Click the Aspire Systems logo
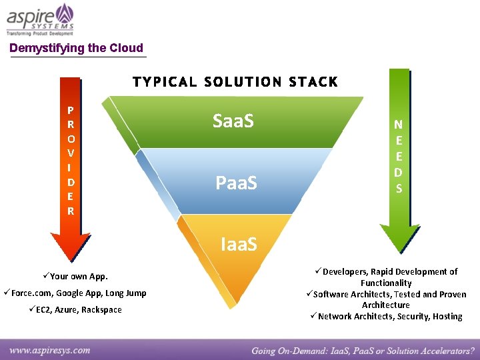[40, 19]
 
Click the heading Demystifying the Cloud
[76, 48]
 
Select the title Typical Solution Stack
[235, 82]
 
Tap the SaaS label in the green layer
[233, 121]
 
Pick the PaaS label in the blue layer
[236, 182]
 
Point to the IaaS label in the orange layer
[239, 245]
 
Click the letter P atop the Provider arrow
[71, 111]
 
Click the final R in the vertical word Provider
[71, 211]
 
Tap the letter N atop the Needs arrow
[398, 124]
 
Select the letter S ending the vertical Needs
[399, 189]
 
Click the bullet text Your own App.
[79, 276]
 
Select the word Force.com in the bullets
[31, 293]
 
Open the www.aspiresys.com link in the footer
[50, 349]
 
